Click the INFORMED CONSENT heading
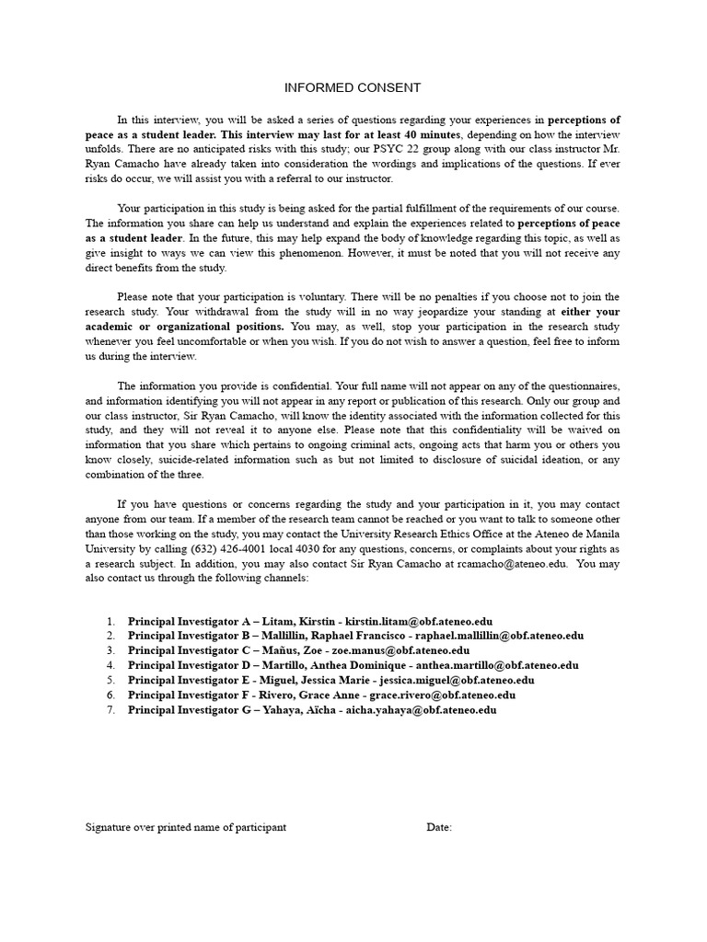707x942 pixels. [x=352, y=88]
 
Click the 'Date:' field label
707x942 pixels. [x=439, y=828]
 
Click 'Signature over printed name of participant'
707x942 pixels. [x=186, y=828]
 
